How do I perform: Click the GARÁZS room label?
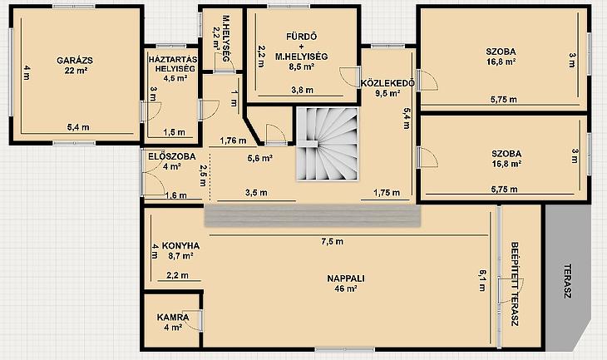[75, 61]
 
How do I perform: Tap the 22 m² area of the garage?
[76, 71]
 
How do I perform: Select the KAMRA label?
[173, 318]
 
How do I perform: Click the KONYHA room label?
[180, 246]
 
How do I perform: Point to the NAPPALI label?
[346, 279]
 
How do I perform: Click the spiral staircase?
[327, 144]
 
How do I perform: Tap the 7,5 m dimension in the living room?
[332, 242]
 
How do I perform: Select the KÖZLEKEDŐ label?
[387, 83]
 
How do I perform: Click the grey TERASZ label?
[568, 281]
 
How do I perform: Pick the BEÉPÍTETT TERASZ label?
[514, 284]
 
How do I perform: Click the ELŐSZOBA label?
[172, 157]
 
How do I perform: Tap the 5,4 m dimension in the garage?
[78, 127]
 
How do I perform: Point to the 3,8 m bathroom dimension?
[303, 90]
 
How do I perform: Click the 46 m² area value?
[346, 288]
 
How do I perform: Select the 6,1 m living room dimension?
[482, 280]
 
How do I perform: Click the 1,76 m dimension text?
[233, 141]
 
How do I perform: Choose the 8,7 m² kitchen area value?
[180, 256]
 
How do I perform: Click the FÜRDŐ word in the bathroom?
[302, 37]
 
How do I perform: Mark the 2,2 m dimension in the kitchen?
[177, 275]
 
